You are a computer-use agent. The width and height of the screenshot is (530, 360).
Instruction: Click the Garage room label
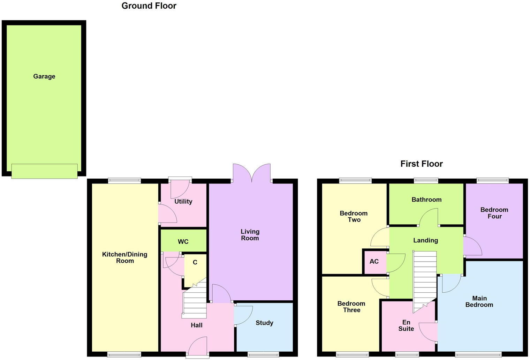(x=44, y=76)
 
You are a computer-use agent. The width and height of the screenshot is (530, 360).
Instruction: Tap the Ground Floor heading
(x=149, y=6)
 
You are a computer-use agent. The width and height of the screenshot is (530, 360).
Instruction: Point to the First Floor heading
(x=421, y=164)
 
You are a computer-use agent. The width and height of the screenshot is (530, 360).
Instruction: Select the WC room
(x=183, y=241)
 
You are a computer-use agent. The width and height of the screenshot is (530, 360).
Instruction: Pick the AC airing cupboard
(x=374, y=261)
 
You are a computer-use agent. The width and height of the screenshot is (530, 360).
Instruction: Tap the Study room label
(x=264, y=323)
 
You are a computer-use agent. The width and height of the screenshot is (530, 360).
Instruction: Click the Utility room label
(x=183, y=202)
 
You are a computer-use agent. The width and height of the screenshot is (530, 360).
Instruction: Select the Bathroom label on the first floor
(x=426, y=200)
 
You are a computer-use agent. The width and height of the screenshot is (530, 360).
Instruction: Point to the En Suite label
(x=406, y=325)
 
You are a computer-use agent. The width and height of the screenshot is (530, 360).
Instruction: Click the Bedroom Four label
(x=494, y=213)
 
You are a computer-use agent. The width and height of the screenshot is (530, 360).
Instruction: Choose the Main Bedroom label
(x=479, y=301)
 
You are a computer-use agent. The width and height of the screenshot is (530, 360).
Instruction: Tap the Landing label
(x=425, y=240)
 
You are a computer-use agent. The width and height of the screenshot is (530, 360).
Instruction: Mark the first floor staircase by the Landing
(x=425, y=279)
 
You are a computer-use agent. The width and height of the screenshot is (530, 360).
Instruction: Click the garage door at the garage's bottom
(x=44, y=171)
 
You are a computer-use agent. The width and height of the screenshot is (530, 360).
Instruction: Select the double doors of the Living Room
(x=251, y=173)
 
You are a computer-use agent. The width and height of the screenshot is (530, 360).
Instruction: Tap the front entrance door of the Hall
(x=198, y=347)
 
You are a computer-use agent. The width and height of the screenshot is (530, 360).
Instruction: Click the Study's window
(x=263, y=355)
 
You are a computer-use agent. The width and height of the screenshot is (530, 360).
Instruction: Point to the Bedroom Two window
(x=355, y=180)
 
